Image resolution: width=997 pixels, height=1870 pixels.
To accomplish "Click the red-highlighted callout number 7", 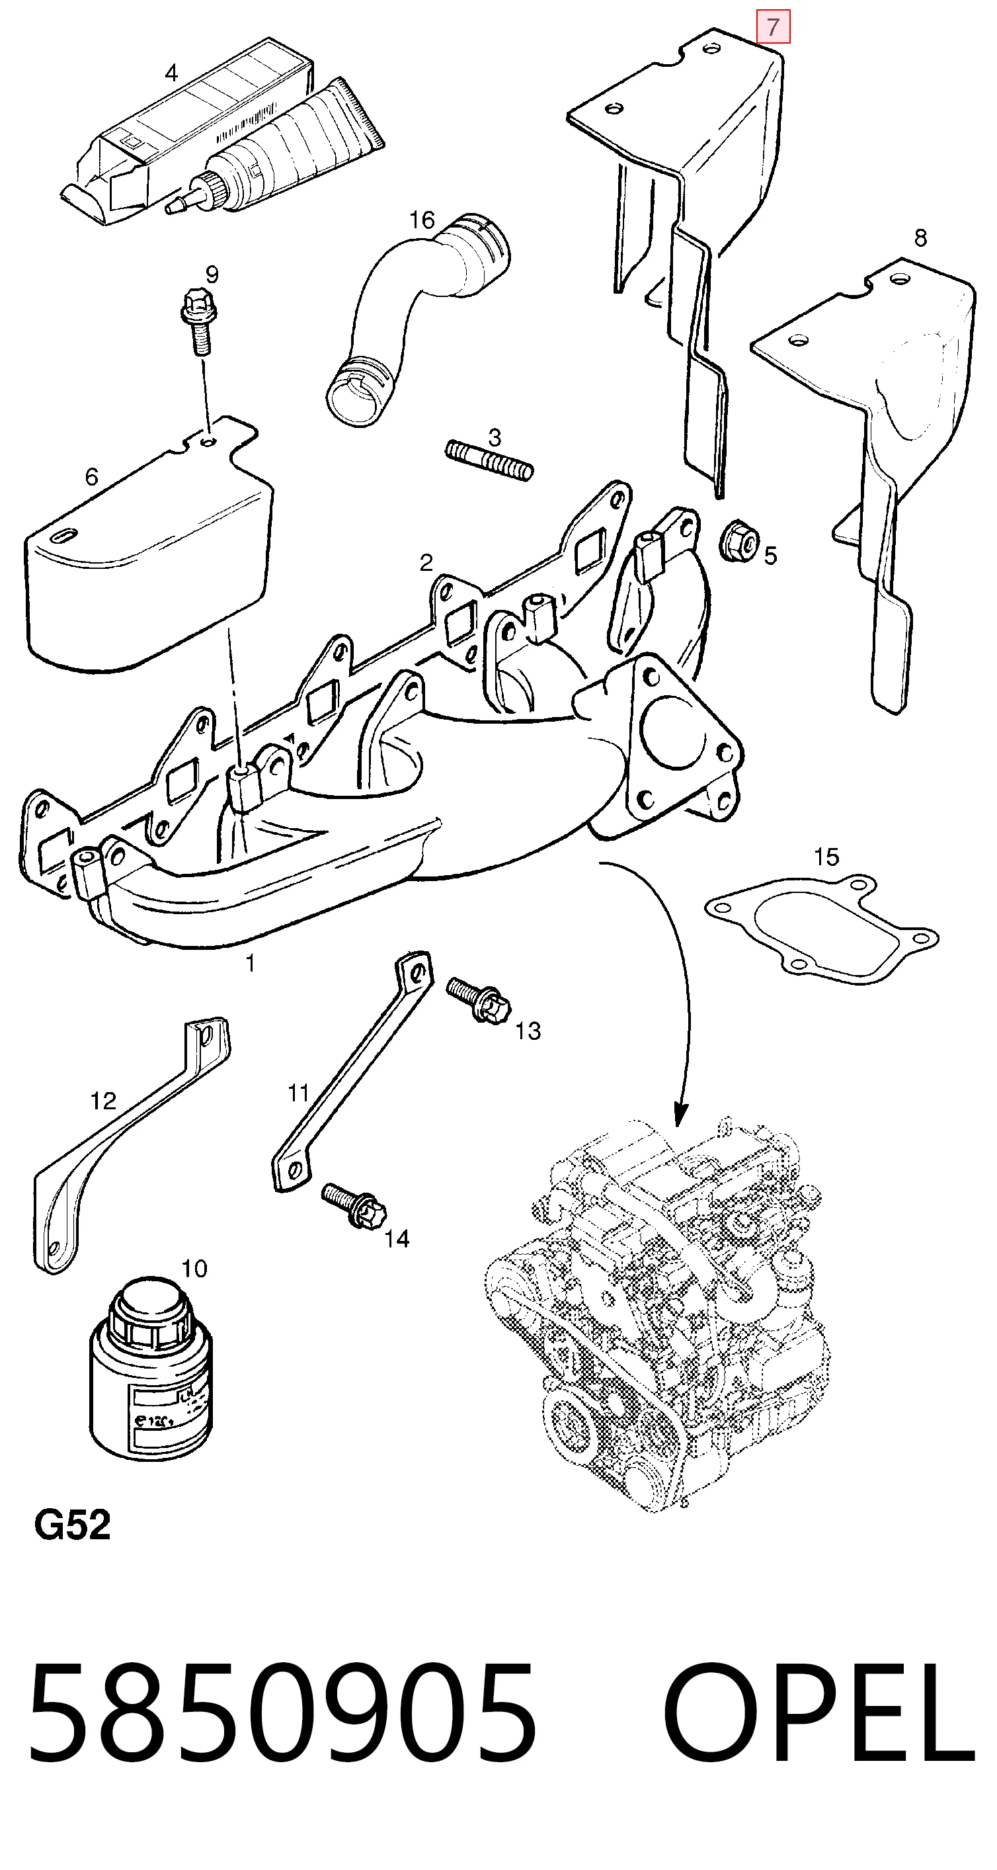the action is point(773,28).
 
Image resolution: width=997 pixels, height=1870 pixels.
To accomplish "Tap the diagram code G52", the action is point(73,1526).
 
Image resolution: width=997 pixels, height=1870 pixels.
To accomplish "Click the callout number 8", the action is point(920,237).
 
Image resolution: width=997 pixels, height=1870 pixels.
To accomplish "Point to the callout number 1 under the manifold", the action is point(250,963).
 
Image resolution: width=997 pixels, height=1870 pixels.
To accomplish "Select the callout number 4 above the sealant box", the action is point(171,73).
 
